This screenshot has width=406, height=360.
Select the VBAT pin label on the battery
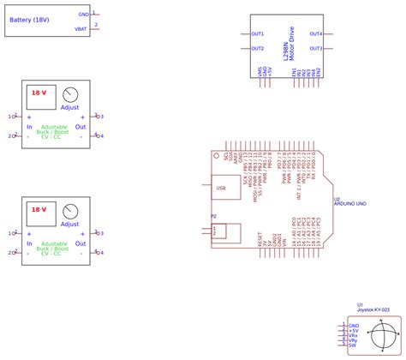pos(81,28)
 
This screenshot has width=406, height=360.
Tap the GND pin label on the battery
pos(83,15)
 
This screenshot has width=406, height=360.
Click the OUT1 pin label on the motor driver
pos(258,34)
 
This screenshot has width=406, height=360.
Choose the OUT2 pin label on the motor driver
pos(258,48)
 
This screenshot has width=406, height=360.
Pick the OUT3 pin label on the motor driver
pos(315,48)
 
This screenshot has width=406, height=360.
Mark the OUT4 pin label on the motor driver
pos(315,34)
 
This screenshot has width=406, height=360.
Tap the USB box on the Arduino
pos(222,186)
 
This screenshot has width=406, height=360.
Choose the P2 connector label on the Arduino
pos(213,217)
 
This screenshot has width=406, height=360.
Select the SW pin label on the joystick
pos(352,345)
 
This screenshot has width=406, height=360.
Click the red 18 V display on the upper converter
pos(39,92)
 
